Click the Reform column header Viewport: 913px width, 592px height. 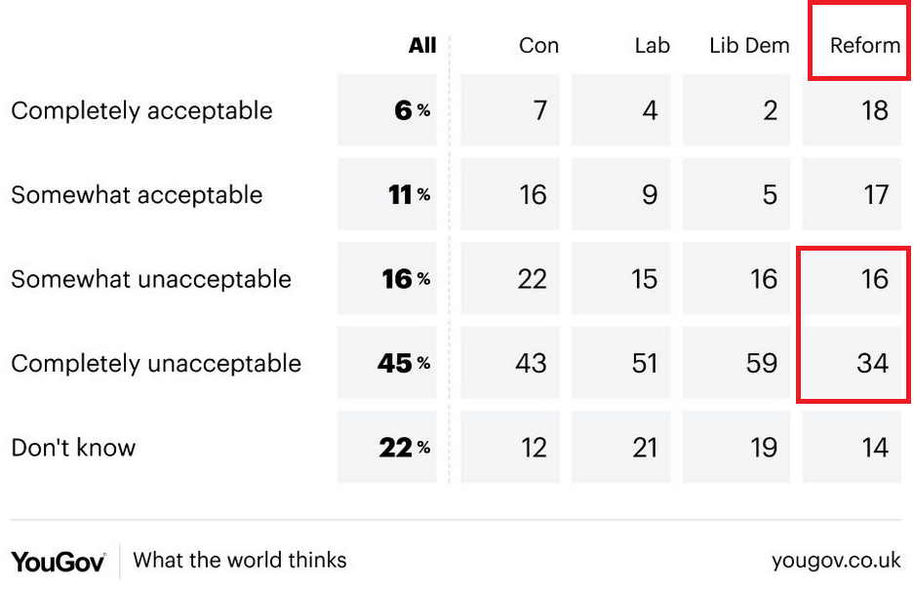click(864, 46)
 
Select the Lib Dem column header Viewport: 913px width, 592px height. click(748, 46)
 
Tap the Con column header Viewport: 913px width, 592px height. click(538, 46)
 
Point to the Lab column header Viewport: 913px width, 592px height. click(651, 46)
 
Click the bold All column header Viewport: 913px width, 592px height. click(422, 46)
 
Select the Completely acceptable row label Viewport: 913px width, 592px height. click(141, 110)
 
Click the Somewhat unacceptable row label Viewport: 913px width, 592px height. click(151, 279)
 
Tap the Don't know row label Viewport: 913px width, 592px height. click(73, 448)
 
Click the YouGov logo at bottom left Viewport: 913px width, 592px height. click(58, 561)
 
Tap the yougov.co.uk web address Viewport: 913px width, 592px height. click(836, 561)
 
